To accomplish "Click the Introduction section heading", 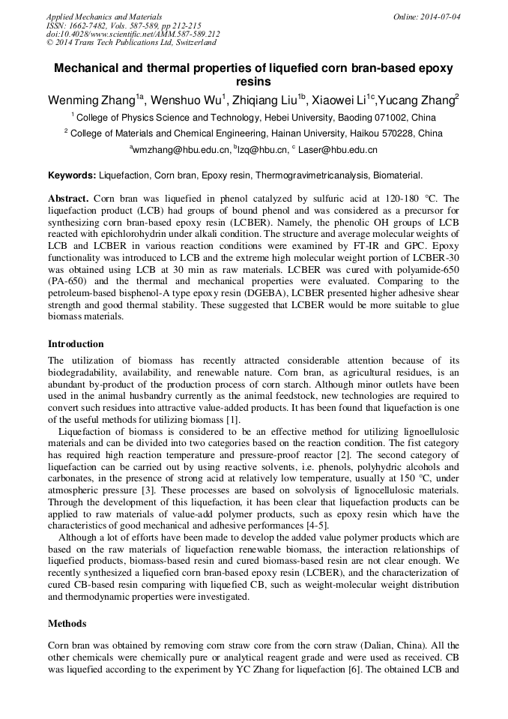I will [x=76, y=344].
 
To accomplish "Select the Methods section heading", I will [x=67, y=623].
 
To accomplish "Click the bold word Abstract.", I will [x=68, y=199].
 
